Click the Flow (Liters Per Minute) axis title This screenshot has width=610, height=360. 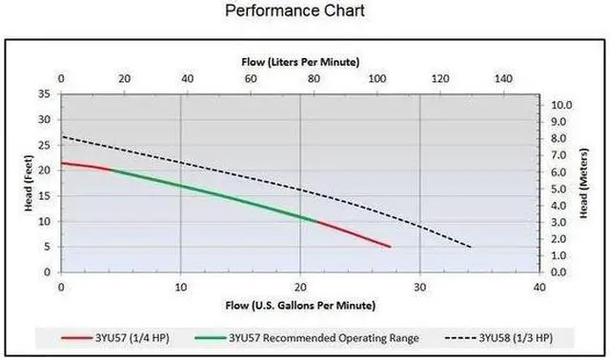pos(299,61)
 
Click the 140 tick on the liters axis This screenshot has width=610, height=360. pos(501,77)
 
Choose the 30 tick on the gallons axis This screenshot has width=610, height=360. pos(419,288)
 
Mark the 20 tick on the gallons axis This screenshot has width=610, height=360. pos(300,288)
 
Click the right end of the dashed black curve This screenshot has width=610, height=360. pos(471,248)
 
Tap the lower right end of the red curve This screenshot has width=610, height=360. pos(391,247)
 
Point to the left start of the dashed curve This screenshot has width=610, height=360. pos(62,136)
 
